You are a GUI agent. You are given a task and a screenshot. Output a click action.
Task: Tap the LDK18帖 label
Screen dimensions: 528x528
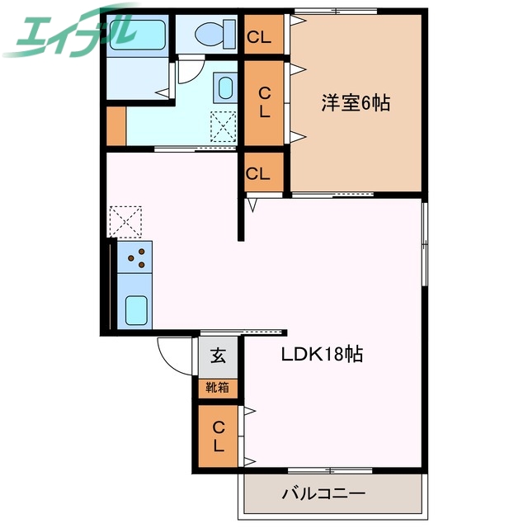click(323, 355)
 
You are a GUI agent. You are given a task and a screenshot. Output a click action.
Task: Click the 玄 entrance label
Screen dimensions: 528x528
click(218, 356)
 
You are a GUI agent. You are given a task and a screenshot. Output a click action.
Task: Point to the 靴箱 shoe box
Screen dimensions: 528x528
click(218, 386)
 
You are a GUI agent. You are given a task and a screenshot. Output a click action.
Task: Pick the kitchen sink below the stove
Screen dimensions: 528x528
click(136, 309)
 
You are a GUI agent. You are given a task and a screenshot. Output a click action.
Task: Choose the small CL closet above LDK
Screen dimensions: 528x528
click(257, 174)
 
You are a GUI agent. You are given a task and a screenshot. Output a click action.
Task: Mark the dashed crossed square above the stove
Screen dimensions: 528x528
click(126, 221)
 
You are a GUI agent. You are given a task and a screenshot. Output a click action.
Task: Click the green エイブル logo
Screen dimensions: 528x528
click(70, 31)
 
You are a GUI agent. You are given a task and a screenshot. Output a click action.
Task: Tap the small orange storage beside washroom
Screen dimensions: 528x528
click(115, 125)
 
